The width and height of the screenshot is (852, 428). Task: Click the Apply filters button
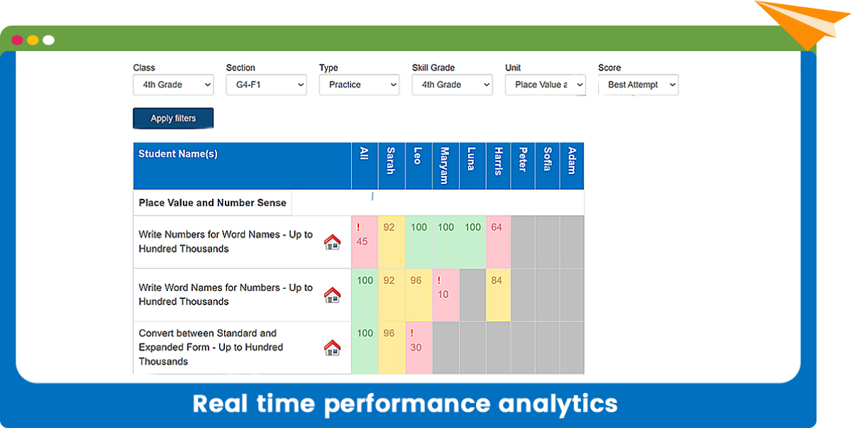173,119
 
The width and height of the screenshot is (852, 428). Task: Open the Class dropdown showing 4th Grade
173,84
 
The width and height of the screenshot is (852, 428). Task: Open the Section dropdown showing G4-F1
266,84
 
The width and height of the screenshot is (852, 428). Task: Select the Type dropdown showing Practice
359,84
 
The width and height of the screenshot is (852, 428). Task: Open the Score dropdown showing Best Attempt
638,84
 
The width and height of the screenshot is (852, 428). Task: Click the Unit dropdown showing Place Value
545,84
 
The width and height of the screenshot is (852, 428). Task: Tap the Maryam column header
446,166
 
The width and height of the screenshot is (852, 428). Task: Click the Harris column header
498,166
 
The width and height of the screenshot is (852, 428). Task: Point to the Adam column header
572,166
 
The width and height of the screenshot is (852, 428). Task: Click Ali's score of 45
362,241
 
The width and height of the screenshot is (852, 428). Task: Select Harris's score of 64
497,227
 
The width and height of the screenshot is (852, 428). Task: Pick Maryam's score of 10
443,295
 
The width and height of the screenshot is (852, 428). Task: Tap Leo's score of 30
416,347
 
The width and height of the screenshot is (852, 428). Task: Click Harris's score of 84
497,280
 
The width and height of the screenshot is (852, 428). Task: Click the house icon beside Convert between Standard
332,348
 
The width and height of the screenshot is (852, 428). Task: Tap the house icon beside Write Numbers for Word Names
332,242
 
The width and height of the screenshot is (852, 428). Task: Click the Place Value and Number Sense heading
212,203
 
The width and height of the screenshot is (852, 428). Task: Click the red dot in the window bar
17,40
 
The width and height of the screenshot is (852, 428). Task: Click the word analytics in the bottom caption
558,405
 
